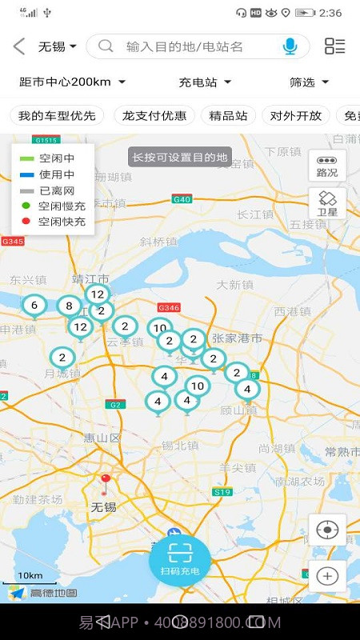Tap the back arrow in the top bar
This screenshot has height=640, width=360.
(19, 46)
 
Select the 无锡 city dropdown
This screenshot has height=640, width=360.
(57, 46)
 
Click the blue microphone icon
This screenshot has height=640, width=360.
(290, 46)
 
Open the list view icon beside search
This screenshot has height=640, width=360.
(334, 46)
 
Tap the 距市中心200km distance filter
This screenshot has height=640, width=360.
(72, 82)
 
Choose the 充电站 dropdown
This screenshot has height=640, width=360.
(204, 82)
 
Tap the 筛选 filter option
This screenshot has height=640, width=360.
(309, 82)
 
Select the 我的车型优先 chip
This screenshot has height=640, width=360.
(57, 115)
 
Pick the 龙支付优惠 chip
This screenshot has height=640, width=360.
(154, 115)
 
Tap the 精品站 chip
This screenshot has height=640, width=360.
(227, 115)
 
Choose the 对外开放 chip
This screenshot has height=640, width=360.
(296, 115)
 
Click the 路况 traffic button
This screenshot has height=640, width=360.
(327, 166)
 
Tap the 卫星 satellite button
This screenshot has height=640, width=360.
(327, 203)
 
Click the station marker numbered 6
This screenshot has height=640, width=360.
(34, 306)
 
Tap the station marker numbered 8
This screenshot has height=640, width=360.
(69, 306)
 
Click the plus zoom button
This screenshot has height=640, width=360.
(327, 575)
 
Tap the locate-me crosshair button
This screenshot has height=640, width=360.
(327, 530)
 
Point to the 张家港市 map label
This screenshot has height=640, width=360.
(237, 338)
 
